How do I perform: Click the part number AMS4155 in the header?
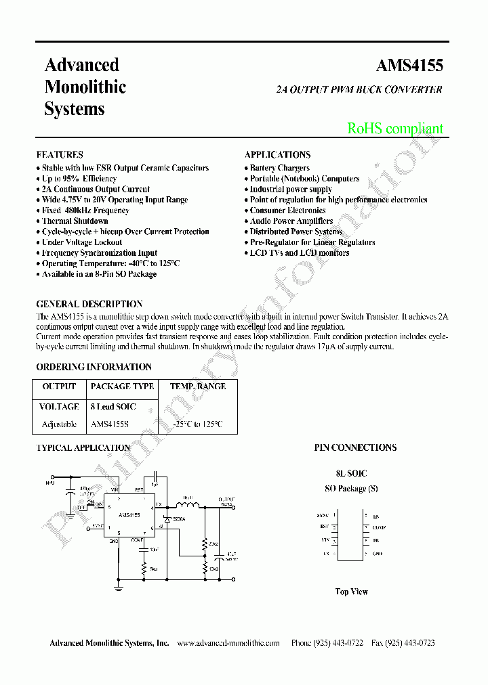409,66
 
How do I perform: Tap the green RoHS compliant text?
395,129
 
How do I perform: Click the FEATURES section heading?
60,154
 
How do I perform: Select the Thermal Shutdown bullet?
75,221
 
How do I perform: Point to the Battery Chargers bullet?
279,168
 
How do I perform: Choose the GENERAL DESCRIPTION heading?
89,305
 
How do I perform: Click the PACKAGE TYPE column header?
122,386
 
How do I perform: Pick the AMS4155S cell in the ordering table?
109,424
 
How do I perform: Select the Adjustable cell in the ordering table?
59,424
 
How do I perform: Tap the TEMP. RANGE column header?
198,386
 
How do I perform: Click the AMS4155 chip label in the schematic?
129,515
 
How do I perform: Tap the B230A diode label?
179,518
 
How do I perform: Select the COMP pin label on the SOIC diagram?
379,527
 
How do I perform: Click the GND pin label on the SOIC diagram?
378,554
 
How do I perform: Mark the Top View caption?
351,592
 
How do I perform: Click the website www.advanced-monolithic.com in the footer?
228,643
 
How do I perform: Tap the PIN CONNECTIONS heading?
355,447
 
